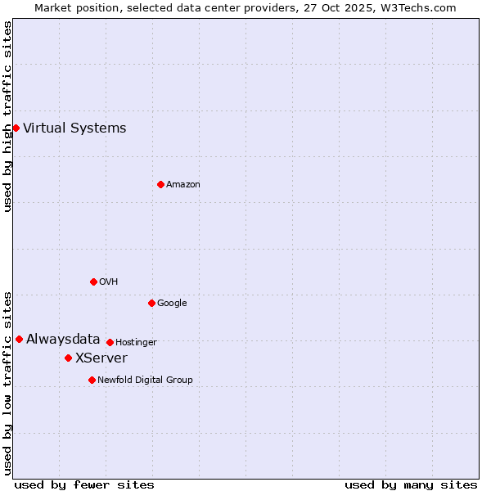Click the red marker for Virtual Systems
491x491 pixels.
[x=16, y=128]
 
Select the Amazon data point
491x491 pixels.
[x=160, y=184]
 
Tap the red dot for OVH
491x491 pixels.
[x=93, y=282]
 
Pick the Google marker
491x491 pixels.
[x=151, y=303]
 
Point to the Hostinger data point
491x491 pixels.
[x=110, y=342]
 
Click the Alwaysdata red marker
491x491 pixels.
[x=19, y=339]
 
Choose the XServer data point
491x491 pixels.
[x=68, y=358]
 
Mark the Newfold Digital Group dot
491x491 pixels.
[x=92, y=380]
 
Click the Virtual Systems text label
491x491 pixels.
[x=74, y=128]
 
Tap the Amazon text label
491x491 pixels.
[x=182, y=184]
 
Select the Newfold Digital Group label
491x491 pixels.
[x=145, y=380]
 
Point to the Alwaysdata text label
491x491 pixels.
[x=63, y=339]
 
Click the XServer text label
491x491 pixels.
[x=101, y=358]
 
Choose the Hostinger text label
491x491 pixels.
[x=136, y=342]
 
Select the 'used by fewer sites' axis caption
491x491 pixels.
[x=84, y=484]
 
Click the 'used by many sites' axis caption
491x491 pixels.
[x=411, y=484]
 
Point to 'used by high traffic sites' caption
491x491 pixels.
[x=7, y=116]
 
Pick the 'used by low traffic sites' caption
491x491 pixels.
[x=7, y=383]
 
